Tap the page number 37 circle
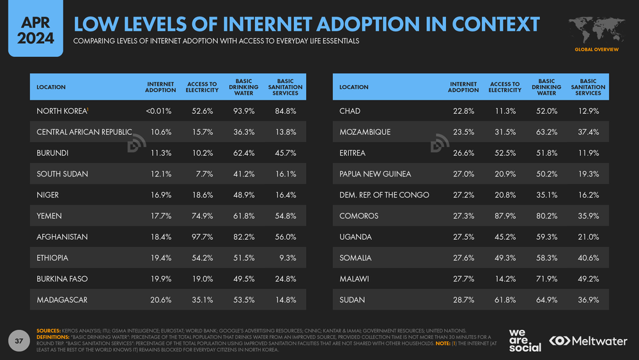(19, 341)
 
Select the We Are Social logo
(525, 340)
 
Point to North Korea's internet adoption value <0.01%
(158, 111)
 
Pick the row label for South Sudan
(63, 174)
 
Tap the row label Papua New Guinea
(375, 174)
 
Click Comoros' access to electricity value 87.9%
(505, 216)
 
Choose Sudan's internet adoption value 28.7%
(463, 300)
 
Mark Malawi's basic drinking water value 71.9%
(546, 279)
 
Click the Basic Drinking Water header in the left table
(243, 87)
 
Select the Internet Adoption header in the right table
(463, 87)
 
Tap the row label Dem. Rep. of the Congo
(384, 195)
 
